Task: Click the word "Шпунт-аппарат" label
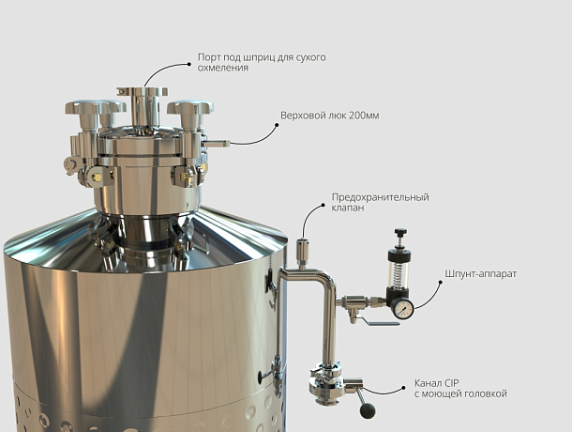click(480, 273)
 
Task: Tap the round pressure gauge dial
click(402, 309)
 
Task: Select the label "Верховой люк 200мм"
click(329, 116)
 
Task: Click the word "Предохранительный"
click(380, 197)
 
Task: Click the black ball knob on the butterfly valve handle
click(368, 410)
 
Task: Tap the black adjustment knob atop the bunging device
click(400, 232)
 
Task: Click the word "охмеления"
click(222, 68)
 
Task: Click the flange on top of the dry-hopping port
click(143, 91)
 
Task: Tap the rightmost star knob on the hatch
click(190, 107)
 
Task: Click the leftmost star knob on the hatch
click(83, 107)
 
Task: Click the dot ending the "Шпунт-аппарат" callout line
click(441, 283)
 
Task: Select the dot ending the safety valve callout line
click(323, 206)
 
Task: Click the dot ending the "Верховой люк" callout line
click(277, 125)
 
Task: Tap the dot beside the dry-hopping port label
click(189, 64)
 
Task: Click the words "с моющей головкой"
click(460, 394)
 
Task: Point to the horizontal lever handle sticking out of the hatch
click(216, 144)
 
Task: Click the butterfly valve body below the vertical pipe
click(325, 386)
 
